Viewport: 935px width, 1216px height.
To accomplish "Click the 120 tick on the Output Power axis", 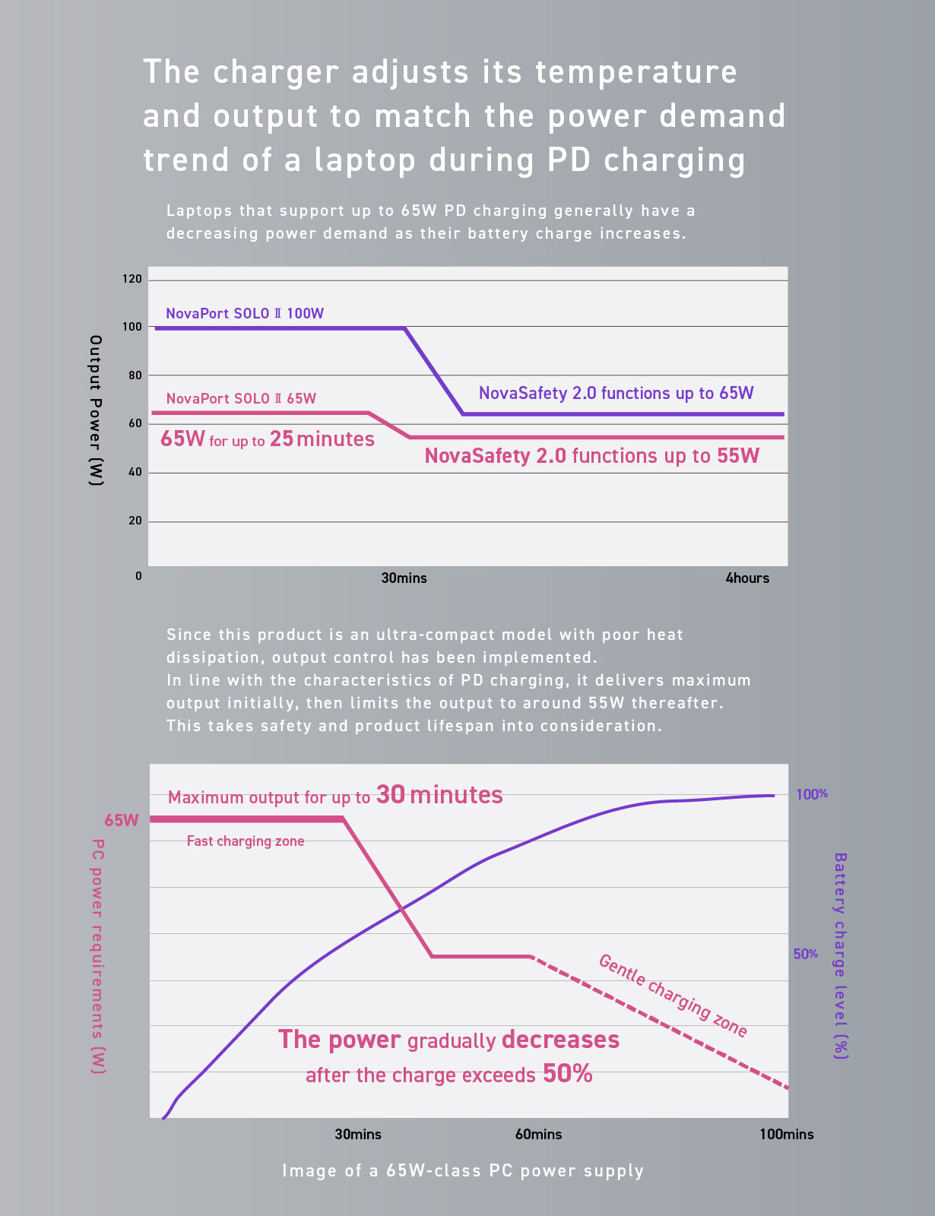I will pos(132,280).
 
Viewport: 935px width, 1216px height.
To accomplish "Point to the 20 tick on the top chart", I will pos(135,521).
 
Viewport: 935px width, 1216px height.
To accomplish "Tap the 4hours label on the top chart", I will pos(747,578).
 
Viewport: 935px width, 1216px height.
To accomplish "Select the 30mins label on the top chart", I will pos(404,578).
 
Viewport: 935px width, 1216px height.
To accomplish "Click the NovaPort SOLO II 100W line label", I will pos(245,313).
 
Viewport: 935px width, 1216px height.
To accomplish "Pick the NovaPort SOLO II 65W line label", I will pos(241,398).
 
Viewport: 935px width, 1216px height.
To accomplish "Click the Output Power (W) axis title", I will pos(96,410).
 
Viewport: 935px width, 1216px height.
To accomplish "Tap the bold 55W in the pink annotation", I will pos(738,456).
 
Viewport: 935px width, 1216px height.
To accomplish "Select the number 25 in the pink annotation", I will pos(281,439).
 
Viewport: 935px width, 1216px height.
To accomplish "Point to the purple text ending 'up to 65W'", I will pos(616,393).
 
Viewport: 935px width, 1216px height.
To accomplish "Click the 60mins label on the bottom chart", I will pos(538,1135).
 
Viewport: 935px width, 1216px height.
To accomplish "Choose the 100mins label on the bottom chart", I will pos(786,1135).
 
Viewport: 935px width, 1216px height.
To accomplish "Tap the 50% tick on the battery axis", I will pos(806,954).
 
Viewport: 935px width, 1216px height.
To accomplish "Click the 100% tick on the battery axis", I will pos(812,794).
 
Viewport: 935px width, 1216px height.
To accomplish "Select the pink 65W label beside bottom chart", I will pos(122,821).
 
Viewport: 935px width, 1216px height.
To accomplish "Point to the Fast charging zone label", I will pos(246,841).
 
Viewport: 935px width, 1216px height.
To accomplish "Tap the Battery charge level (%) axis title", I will pos(841,955).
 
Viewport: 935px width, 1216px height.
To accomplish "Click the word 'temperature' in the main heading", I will pos(636,72).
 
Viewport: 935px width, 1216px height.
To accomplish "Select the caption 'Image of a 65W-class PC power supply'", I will pos(463,1170).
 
